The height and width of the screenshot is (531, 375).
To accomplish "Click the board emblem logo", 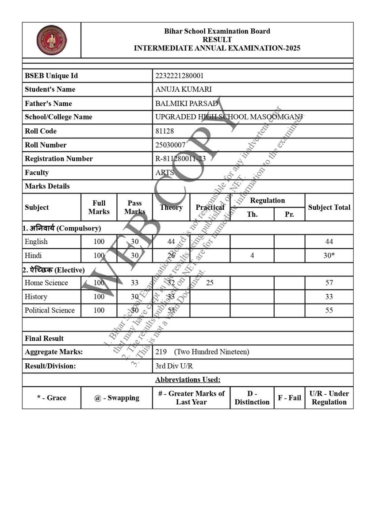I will pyautogui.click(x=51, y=40).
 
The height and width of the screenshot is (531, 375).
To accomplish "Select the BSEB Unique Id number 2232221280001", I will pyautogui.click(x=180, y=76).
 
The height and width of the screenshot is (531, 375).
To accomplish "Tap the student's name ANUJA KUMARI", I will pyautogui.click(x=184, y=89).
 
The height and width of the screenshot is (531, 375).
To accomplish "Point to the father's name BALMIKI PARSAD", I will pyautogui.click(x=187, y=104).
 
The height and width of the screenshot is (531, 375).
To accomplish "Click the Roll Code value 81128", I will pyautogui.click(x=165, y=131).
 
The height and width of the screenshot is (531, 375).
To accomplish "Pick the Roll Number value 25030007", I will pyautogui.click(x=170, y=145).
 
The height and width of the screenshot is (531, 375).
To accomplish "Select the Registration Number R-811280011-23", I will pyautogui.click(x=180, y=158).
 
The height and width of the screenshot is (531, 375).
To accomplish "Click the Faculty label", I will pyautogui.click(x=37, y=173).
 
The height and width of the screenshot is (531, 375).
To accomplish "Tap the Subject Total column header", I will pyautogui.click(x=329, y=207).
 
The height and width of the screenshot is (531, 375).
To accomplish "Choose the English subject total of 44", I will pyautogui.click(x=329, y=242).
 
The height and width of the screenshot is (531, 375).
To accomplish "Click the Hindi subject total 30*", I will pyautogui.click(x=329, y=255).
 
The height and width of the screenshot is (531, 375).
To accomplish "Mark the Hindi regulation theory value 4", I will pyautogui.click(x=252, y=255).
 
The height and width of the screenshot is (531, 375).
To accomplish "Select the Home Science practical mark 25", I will pyautogui.click(x=210, y=283).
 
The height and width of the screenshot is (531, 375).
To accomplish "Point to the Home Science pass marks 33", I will pyautogui.click(x=134, y=283).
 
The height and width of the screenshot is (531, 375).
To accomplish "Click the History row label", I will pyautogui.click(x=36, y=296).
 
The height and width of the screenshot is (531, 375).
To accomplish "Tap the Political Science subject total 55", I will pyautogui.click(x=329, y=310).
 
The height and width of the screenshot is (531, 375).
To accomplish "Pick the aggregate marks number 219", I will pyautogui.click(x=161, y=352).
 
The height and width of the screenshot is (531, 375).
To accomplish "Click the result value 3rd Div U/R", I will pyautogui.click(x=174, y=366).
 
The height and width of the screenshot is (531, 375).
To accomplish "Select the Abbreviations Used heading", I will pyautogui.click(x=187, y=380).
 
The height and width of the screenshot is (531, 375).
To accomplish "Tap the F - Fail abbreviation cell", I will pyautogui.click(x=289, y=397).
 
